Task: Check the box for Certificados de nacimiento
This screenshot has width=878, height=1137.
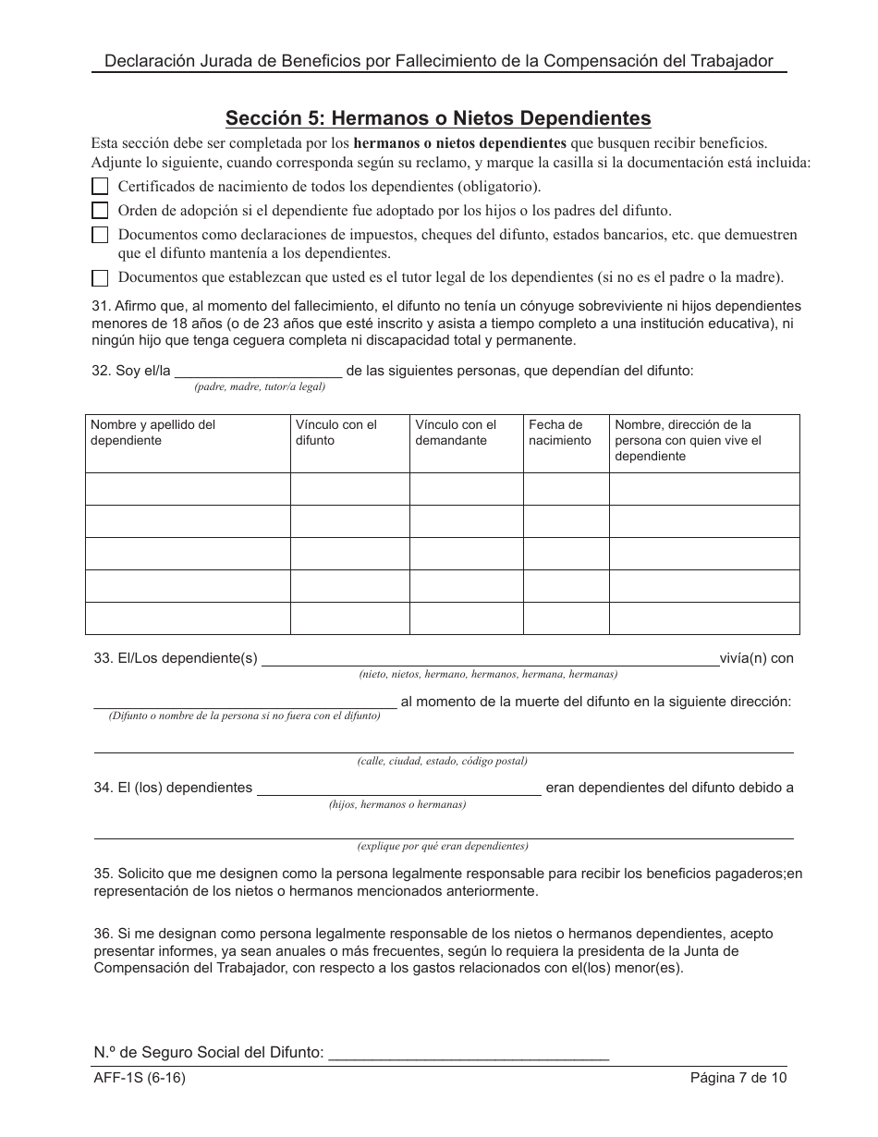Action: [x=100, y=186]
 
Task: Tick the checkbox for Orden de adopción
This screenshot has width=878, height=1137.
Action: [x=100, y=211]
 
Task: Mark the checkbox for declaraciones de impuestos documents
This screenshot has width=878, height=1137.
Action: [x=100, y=236]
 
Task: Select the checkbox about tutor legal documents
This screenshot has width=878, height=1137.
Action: [x=100, y=277]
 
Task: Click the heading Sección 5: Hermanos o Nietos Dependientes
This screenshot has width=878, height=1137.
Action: [x=438, y=118]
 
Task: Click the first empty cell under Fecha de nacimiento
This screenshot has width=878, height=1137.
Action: [x=566, y=489]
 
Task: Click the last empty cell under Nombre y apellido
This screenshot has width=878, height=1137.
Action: [x=188, y=617]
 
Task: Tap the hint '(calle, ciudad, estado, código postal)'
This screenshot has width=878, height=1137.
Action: [x=442, y=761]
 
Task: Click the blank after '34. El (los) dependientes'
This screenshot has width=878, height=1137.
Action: [x=398, y=788]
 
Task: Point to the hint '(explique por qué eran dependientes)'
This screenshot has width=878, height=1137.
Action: [x=443, y=846]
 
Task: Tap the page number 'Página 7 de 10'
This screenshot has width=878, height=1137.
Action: [x=738, y=1078]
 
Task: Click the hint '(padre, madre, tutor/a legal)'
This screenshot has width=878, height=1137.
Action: [x=260, y=386]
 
